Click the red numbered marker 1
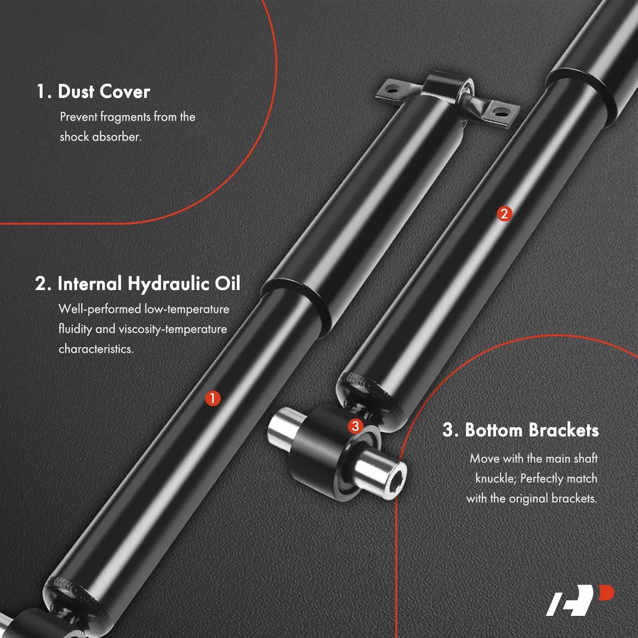[x=213, y=399]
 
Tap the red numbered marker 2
[x=504, y=214]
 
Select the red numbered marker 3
[x=356, y=426]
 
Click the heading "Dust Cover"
[x=104, y=91]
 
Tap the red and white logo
[x=580, y=600]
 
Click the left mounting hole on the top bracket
[x=393, y=90]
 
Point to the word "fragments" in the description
[x=125, y=117]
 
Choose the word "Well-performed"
[x=100, y=309]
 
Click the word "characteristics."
[x=96, y=349]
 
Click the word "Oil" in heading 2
[x=228, y=284]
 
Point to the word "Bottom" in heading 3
[x=493, y=430]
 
